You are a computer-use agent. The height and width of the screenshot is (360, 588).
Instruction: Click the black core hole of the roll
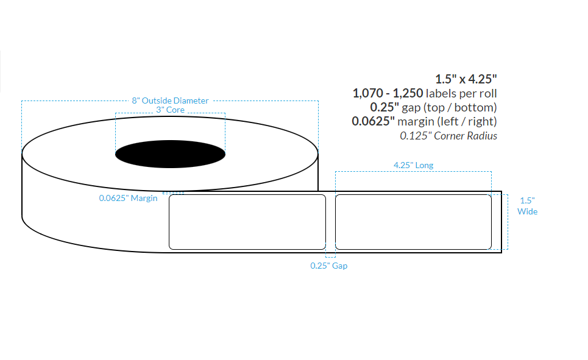pyautogui.click(x=170, y=153)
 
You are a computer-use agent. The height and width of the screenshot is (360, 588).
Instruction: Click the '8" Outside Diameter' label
pyautogui.click(x=170, y=101)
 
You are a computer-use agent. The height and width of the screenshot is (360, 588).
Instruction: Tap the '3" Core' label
pyautogui.click(x=170, y=110)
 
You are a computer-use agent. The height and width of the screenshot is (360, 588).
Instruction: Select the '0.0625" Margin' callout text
pyautogui.click(x=128, y=198)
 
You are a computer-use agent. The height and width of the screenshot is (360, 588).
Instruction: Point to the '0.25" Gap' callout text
pyautogui.click(x=329, y=266)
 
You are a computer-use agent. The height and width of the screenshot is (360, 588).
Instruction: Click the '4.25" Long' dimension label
pyautogui.click(x=414, y=165)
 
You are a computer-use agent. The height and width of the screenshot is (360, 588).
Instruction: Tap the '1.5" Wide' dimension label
pyautogui.click(x=527, y=206)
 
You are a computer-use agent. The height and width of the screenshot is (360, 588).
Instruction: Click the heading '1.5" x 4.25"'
pyautogui.click(x=466, y=79)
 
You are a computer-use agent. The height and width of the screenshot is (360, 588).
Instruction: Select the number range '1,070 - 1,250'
pyautogui.click(x=388, y=93)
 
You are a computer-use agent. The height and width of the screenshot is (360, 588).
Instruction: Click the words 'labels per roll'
pyautogui.click(x=461, y=93)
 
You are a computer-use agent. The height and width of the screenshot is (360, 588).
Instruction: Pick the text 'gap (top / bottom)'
pyautogui.click(x=453, y=107)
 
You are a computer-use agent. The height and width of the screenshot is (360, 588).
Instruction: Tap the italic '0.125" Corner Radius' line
pyautogui.click(x=448, y=136)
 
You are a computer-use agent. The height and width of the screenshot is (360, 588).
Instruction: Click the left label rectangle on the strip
pyautogui.click(x=247, y=222)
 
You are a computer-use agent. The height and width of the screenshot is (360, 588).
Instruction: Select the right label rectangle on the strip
pyautogui.click(x=413, y=222)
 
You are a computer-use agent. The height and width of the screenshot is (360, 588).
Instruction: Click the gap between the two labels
pyautogui.click(x=330, y=222)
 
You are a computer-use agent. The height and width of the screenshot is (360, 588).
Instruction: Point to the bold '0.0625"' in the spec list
pyautogui.click(x=373, y=121)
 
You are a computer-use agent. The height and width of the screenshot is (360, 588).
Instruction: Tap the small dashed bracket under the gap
pyautogui.click(x=330, y=255)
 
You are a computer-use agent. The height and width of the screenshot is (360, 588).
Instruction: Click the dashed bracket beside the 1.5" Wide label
pyautogui.click(x=506, y=222)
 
